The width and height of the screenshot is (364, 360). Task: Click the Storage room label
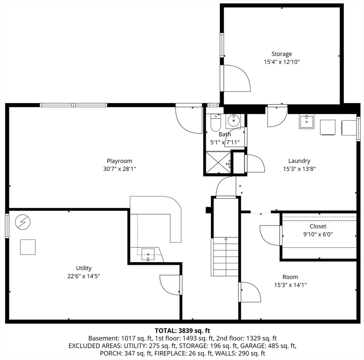click(x=281, y=54)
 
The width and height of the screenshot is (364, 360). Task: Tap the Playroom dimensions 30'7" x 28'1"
click(x=119, y=169)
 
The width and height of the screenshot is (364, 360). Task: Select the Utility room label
click(x=84, y=268)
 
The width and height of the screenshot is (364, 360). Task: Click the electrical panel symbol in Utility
click(x=22, y=221)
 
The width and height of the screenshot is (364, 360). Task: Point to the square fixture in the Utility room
click(x=28, y=247)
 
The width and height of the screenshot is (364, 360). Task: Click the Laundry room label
click(x=299, y=161)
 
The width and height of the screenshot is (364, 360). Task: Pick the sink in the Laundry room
click(x=306, y=122)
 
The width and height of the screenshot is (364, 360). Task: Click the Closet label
click(x=318, y=226)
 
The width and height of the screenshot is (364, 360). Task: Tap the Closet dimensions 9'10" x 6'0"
click(x=318, y=234)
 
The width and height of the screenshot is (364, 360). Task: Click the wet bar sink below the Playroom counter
click(x=148, y=255)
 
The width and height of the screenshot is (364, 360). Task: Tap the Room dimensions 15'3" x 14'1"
click(x=290, y=285)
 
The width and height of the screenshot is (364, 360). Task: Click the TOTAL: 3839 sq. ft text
click(x=182, y=330)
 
